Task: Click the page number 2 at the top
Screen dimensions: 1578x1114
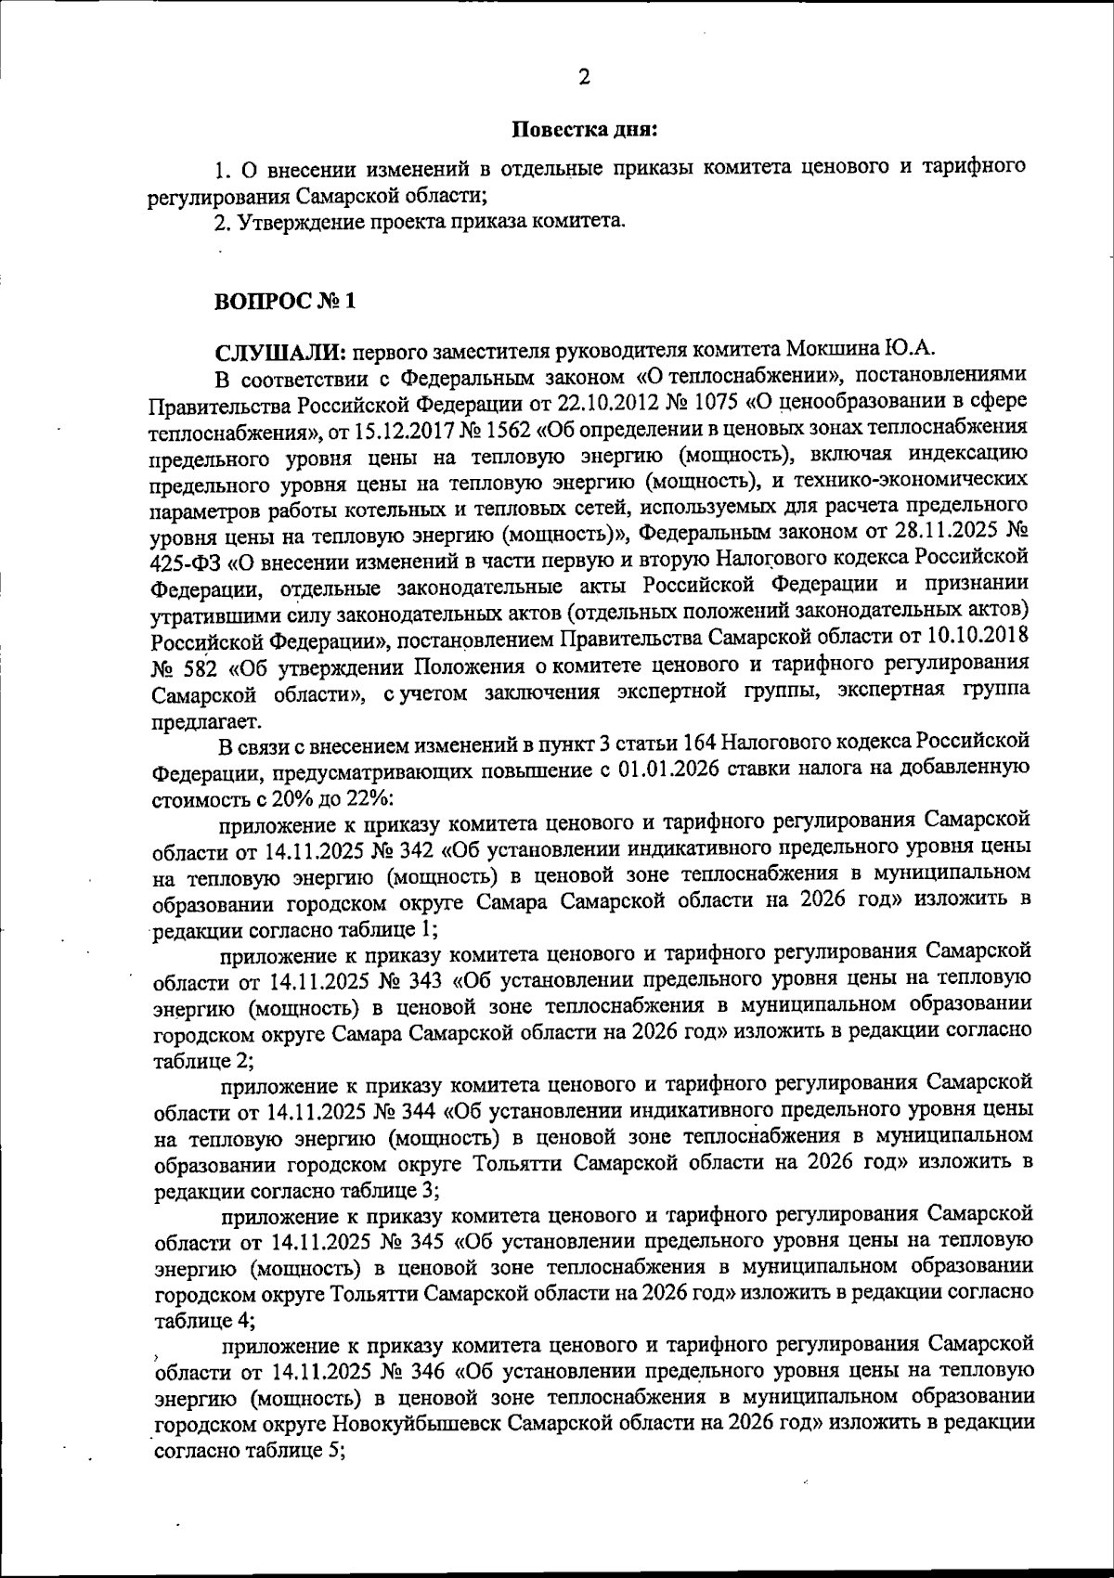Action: click(584, 78)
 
